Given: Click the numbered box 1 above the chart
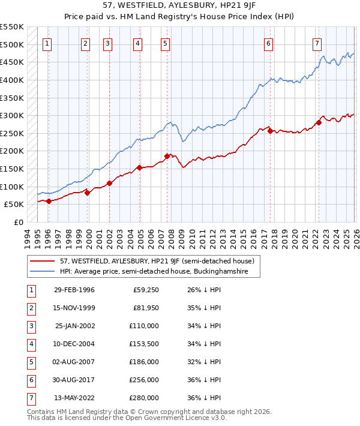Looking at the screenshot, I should click(x=47, y=43).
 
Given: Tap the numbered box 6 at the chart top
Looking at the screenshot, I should click(x=268, y=43).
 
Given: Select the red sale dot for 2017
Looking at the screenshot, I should click(x=270, y=131).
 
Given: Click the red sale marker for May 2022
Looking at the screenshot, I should click(x=319, y=122).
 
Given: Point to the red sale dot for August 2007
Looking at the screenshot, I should click(x=167, y=156).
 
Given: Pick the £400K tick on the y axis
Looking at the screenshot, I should click(x=13, y=80).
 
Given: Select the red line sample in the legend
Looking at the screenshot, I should click(x=42, y=262).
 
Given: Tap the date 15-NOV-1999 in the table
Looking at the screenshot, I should click(x=74, y=308).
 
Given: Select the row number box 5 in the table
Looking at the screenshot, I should click(x=31, y=362).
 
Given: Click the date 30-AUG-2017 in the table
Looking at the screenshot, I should click(x=74, y=380).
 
